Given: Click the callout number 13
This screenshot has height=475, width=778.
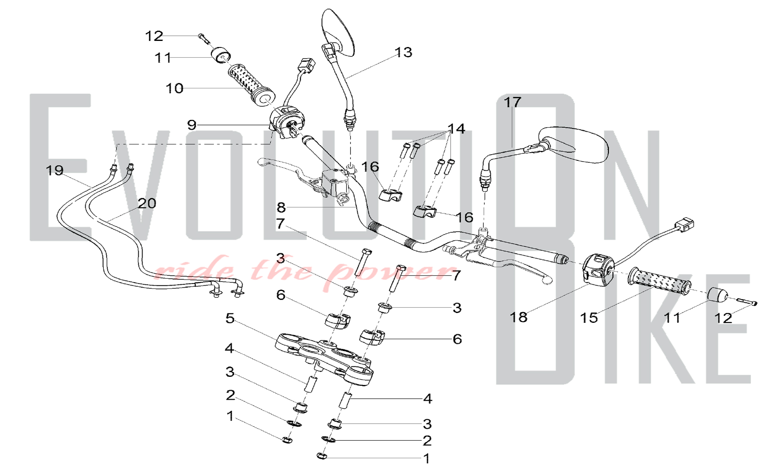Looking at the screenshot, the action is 403,52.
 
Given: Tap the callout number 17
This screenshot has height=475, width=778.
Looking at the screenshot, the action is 512,102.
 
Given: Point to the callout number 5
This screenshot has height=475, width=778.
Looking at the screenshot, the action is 230,318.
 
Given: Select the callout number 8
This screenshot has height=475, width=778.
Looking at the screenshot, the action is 281,208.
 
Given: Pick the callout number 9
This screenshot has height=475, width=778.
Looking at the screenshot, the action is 192,125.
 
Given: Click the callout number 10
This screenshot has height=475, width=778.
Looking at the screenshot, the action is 174,88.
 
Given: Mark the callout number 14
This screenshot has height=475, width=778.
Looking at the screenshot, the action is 456,128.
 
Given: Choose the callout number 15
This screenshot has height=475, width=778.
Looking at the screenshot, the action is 589,318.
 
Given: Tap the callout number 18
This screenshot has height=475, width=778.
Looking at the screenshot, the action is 519,317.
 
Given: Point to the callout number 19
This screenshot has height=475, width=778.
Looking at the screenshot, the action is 54,170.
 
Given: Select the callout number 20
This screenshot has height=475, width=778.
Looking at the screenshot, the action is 147,203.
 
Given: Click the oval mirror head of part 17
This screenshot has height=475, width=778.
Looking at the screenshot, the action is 573,144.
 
